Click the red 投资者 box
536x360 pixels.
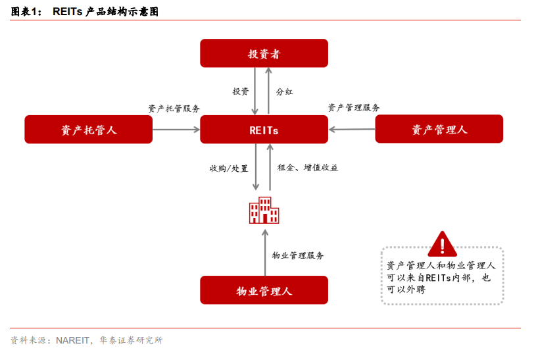(264, 53)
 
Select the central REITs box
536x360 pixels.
(264, 130)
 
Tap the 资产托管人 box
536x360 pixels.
(89, 130)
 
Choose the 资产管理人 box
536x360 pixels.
(439, 129)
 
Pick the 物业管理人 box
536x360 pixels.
(264, 290)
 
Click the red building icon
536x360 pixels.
(264, 211)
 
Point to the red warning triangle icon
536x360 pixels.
(443, 244)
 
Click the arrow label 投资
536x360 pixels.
(241, 91)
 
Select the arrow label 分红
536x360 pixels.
(284, 91)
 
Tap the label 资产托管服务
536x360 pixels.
(174, 109)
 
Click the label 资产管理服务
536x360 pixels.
(354, 108)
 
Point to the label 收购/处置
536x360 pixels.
(229, 168)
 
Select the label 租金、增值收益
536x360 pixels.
(308, 167)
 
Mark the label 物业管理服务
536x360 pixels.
(298, 255)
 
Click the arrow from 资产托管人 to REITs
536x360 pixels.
(176, 130)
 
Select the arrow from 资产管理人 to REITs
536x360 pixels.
(352, 130)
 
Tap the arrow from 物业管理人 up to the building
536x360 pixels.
(265, 253)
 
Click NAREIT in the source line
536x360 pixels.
(72, 340)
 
